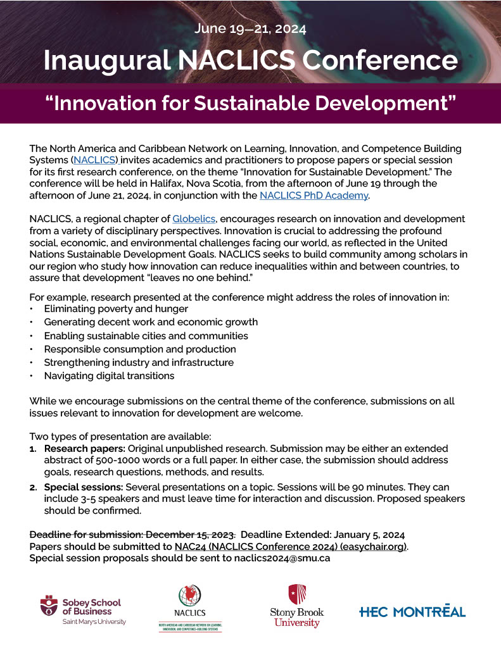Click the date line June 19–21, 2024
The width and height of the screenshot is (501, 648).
[x=250, y=28]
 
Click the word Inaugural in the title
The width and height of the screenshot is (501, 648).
[x=106, y=60]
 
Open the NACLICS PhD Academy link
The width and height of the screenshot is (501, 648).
[x=314, y=196]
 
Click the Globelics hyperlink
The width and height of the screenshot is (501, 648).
[x=193, y=218]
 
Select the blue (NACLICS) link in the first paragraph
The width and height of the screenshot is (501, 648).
[x=97, y=160]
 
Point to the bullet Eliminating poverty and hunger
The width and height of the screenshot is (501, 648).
[x=116, y=309]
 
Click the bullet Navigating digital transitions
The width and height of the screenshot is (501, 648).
[x=109, y=376]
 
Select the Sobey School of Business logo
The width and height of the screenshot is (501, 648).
[x=82, y=610]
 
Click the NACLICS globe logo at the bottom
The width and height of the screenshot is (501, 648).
[x=190, y=607]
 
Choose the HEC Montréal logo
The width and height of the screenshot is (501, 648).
[x=412, y=611]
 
